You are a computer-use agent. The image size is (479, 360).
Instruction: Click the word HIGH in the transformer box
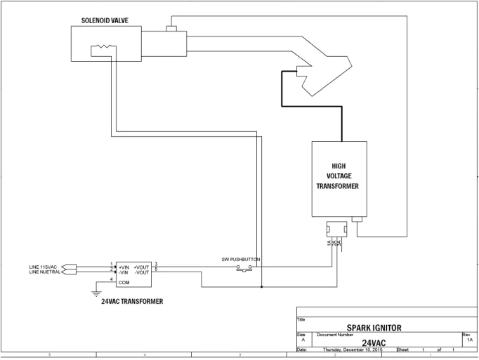(x=339, y=166)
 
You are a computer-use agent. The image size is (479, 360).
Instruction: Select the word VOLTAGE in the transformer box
(x=339, y=176)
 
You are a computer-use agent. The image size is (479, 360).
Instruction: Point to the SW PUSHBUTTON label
(x=241, y=260)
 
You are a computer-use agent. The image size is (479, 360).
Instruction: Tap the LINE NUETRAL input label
(x=45, y=272)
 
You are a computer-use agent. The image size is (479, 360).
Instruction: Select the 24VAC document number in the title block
(x=374, y=342)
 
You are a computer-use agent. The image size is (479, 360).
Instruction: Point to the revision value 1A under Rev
(x=469, y=340)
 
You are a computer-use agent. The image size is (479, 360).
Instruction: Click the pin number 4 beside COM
(x=112, y=280)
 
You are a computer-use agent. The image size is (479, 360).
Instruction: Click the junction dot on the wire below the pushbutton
(x=261, y=286)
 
